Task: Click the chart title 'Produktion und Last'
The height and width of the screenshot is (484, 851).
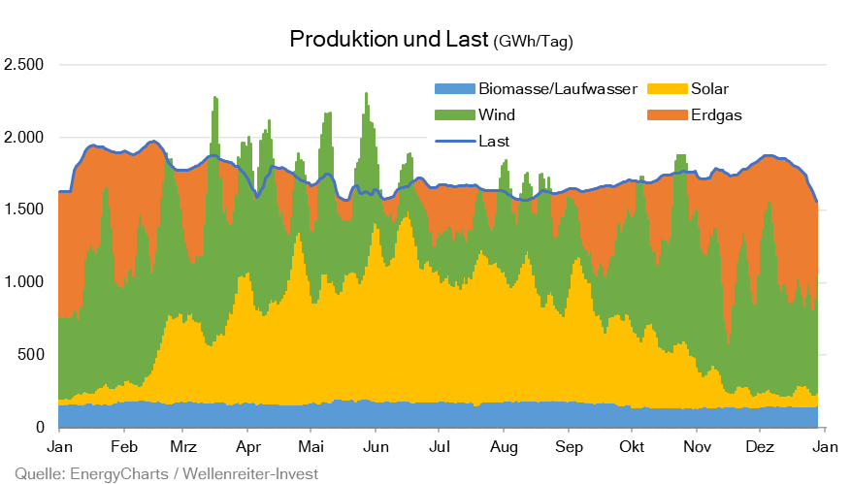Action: pos(389,40)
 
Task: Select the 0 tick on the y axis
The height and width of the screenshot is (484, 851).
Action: pos(40,427)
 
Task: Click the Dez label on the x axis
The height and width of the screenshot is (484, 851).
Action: pos(760,448)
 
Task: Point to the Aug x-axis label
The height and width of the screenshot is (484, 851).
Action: pos(503,448)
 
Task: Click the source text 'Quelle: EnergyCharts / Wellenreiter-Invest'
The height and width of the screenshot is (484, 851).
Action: pos(160,473)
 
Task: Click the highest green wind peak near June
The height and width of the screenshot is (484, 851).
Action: pos(366,95)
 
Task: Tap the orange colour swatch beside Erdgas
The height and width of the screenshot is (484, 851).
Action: pos(661,114)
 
